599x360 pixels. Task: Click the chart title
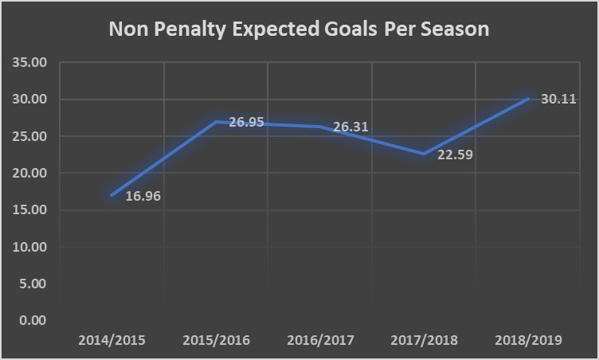point(299,29)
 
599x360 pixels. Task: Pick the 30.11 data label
point(558,101)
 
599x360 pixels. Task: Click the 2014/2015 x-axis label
point(112,340)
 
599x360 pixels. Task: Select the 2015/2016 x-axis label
point(216,340)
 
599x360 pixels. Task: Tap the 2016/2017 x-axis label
point(320,340)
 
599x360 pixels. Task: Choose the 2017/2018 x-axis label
point(425,340)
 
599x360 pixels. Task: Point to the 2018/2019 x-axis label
point(529,340)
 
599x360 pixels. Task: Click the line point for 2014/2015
point(112,195)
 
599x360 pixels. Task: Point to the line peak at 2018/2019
point(528,99)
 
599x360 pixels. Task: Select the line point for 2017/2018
point(424,154)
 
